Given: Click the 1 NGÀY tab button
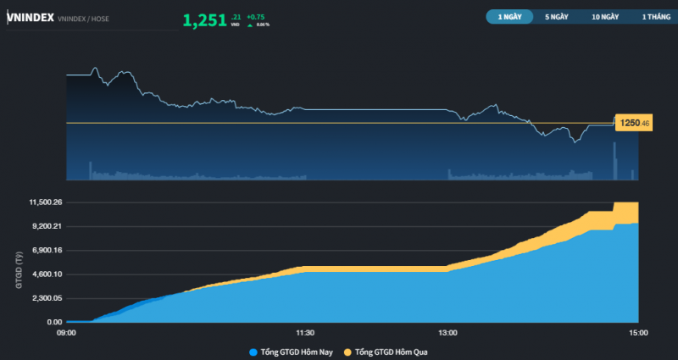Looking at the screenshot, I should [509, 16].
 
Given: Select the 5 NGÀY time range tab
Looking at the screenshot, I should [557, 16].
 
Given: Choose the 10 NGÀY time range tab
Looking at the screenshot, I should [605, 16].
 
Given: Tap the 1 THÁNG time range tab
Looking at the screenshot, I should [655, 16].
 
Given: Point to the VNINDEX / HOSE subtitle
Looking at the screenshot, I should [83, 19].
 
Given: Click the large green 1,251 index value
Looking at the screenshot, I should [204, 19].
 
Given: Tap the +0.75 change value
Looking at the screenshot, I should [257, 16].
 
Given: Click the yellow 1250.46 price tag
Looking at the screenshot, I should [634, 124].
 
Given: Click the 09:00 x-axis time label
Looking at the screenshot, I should [66, 333].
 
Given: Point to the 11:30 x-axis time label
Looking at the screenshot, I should [305, 333].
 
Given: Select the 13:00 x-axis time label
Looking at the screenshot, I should [448, 333].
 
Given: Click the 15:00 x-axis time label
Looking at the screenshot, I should [638, 333].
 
